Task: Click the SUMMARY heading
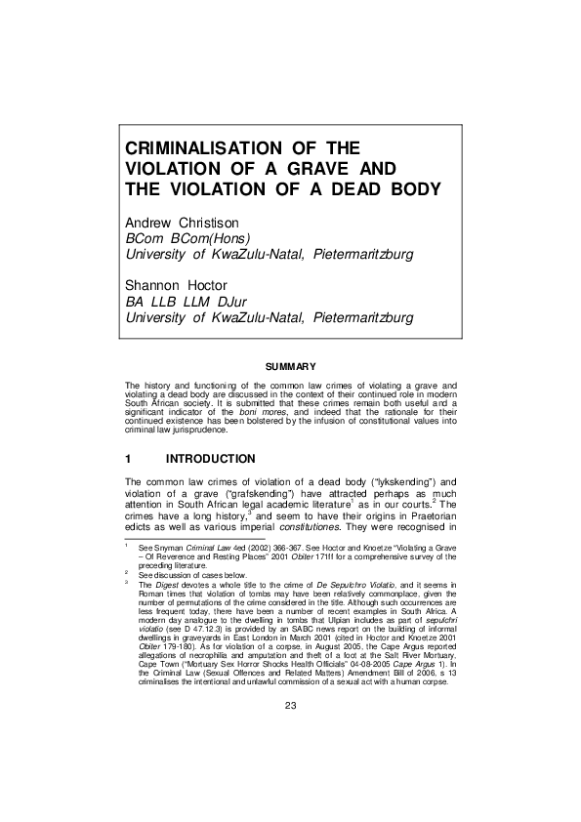[x=290, y=366]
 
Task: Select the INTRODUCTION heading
[x=211, y=458]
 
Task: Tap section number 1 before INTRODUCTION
[x=129, y=458]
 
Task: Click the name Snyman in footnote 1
[x=164, y=550]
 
